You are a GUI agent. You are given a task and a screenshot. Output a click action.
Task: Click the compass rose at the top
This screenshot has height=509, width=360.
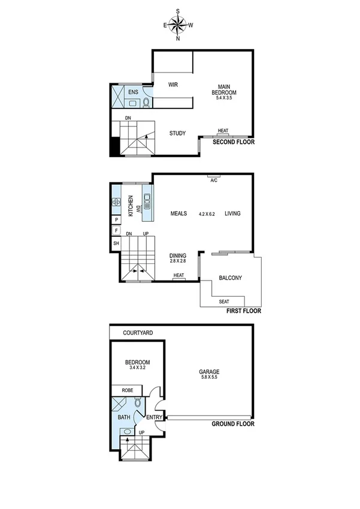(178, 25)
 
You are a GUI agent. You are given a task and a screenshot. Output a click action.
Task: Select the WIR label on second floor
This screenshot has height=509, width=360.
(173, 85)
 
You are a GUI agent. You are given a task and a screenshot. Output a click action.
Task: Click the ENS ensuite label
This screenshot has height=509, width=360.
(133, 92)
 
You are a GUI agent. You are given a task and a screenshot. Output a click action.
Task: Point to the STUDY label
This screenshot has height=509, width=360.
(177, 133)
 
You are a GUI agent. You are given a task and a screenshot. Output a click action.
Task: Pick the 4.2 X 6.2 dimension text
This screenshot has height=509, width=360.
(207, 214)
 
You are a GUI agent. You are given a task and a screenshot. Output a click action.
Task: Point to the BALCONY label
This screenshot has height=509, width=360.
(229, 278)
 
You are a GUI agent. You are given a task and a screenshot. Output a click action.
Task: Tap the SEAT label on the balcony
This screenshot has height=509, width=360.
(224, 301)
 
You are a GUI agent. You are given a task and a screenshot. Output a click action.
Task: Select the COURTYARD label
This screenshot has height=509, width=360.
(138, 332)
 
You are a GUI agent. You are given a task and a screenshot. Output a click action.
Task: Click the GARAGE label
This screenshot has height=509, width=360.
(209, 372)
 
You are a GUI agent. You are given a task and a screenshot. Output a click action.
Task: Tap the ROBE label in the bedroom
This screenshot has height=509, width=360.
(128, 390)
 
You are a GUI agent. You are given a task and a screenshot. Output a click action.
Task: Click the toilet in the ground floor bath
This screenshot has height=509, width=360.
(137, 403)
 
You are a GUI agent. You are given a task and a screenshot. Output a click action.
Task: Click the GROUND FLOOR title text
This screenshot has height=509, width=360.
(233, 424)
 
